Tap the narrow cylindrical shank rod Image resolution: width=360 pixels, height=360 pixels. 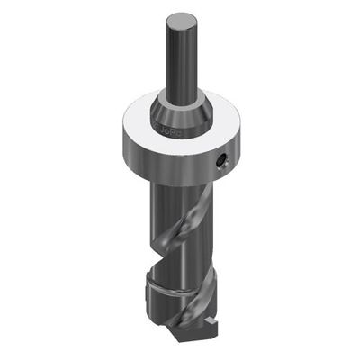pyautogui.click(x=179, y=54)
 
